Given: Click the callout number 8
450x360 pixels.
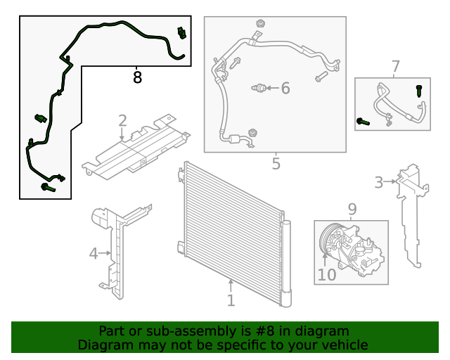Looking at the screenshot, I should tap(137, 77).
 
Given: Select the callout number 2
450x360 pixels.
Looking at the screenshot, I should tap(122, 120).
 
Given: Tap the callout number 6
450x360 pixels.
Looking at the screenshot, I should tap(285, 88).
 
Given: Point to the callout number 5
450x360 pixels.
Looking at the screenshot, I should tap(276, 164).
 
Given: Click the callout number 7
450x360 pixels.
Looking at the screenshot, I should tap(395, 67).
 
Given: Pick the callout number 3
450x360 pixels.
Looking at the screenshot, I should tap(379, 183).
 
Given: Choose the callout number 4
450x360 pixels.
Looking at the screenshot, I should tap(94, 252).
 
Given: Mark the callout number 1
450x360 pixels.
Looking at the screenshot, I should tap(231, 301).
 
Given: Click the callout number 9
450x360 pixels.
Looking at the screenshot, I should tap(352, 209).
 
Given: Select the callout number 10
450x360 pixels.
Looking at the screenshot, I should tap(327, 274).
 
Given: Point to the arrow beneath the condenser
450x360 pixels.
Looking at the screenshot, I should tap(231, 285).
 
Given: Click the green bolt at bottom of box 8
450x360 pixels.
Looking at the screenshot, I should tap(48, 187).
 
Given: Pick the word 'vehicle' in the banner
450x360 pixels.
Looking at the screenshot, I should tap(345, 345).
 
